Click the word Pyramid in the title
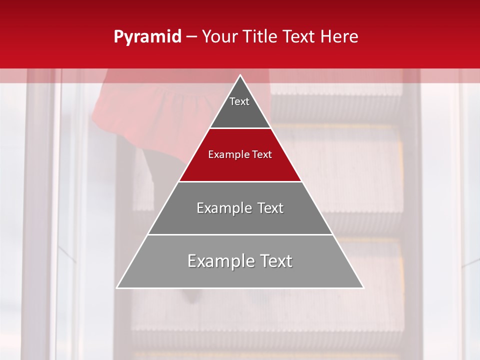(x=147, y=37)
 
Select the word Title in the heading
(x=261, y=37)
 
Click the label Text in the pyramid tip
(x=239, y=101)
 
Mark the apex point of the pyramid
(x=240, y=75)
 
